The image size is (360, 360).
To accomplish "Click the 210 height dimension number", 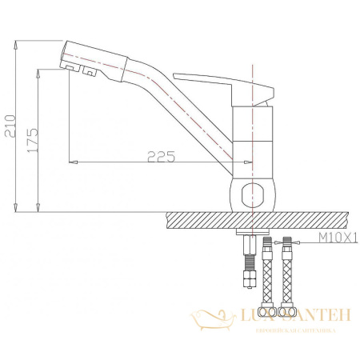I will (x=10, y=124).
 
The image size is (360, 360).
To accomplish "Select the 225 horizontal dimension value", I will (x=159, y=156).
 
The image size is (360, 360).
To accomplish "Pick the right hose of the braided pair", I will (x=286, y=272).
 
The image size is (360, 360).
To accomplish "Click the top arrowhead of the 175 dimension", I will (x=38, y=72).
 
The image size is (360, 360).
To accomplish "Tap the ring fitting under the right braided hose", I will (x=286, y=310).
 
